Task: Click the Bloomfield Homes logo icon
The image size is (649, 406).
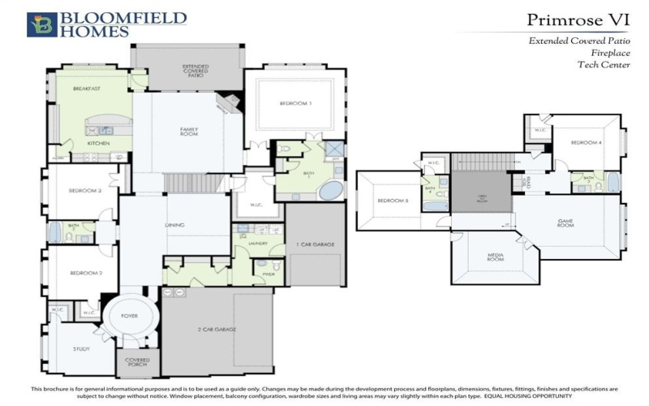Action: point(41,24)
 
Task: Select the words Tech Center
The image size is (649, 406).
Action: point(605,65)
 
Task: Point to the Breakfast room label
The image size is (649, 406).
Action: point(86,89)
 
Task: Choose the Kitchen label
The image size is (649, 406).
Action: point(98,144)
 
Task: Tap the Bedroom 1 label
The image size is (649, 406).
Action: point(295,104)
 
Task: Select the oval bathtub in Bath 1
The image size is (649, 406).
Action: point(330,192)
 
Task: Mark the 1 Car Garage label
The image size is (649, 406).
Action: point(316,244)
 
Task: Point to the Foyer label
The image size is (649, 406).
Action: point(131,316)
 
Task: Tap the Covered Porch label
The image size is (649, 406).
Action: point(137,362)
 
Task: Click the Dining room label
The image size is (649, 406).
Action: point(174,225)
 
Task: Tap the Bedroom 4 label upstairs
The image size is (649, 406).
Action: point(586,143)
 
